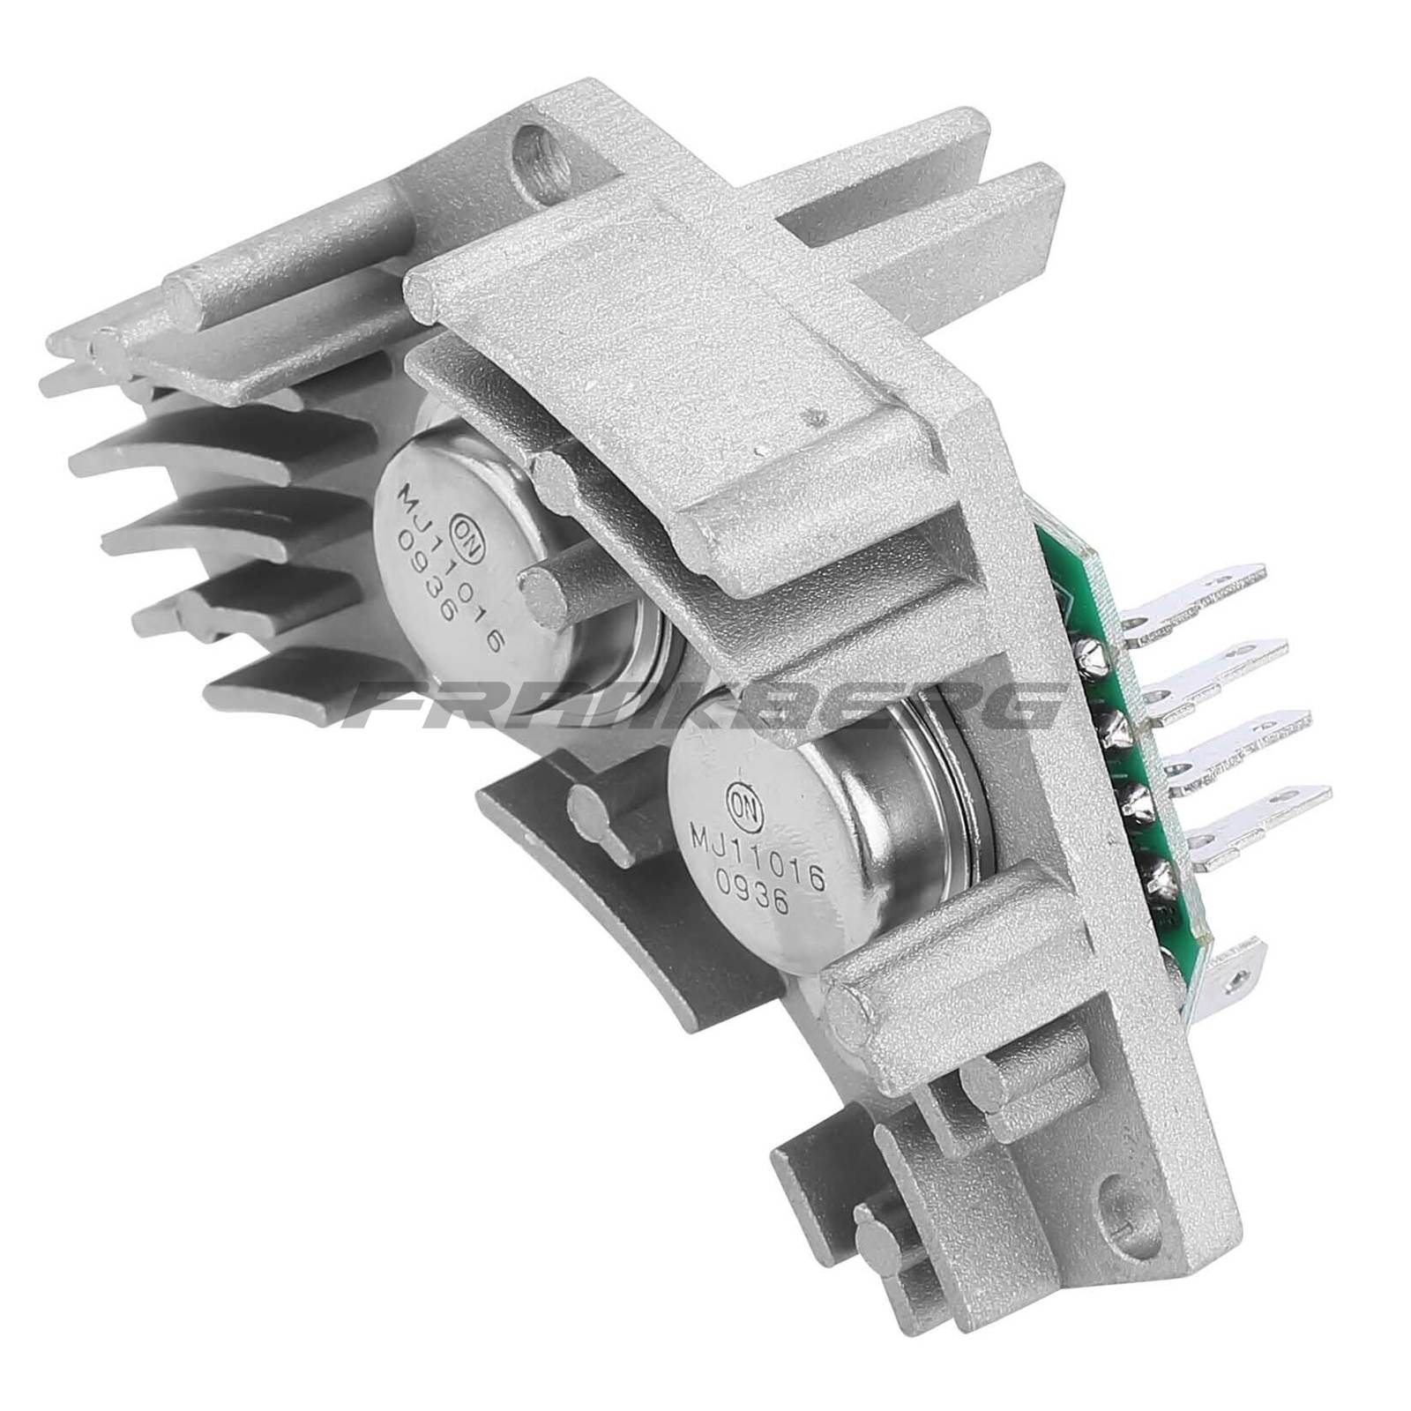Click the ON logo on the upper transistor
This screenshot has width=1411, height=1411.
point(459,531)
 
